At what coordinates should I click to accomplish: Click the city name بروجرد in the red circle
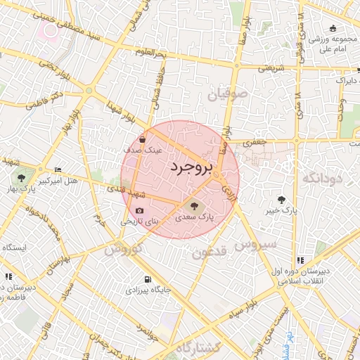[x=180, y=167]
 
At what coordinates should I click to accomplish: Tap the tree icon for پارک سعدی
[x=194, y=205]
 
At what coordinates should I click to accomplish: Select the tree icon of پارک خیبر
[x=282, y=200]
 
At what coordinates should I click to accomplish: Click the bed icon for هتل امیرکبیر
[x=58, y=170]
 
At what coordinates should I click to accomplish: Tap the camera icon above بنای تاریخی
[x=139, y=211]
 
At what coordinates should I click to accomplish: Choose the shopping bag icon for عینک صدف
[x=143, y=139]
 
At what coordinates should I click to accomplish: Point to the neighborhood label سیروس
[x=256, y=245]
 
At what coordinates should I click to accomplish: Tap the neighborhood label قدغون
[x=209, y=252]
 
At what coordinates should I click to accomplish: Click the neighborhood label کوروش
[x=124, y=249]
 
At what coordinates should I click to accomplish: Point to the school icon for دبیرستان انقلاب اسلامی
[x=301, y=260]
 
